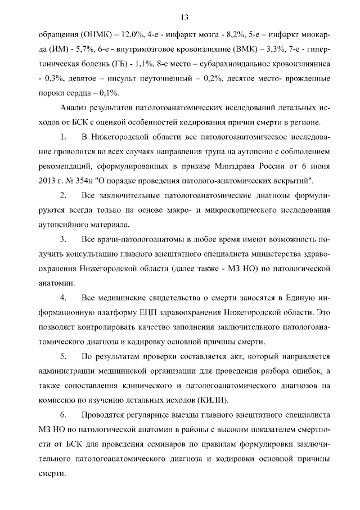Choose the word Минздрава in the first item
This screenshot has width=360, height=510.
tap(233, 167)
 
